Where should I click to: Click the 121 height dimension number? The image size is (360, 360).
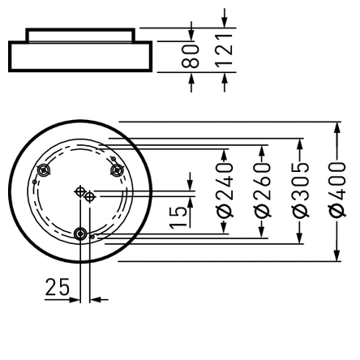225,50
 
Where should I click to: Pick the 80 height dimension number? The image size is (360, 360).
191,54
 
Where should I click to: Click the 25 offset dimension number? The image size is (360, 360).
57,287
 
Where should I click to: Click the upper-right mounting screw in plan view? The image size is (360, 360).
117,169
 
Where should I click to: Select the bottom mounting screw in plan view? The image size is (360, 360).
80,234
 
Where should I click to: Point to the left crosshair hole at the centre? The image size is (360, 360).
79,191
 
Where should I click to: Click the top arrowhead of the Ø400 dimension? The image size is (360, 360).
337,128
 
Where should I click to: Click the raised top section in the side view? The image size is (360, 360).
78,34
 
